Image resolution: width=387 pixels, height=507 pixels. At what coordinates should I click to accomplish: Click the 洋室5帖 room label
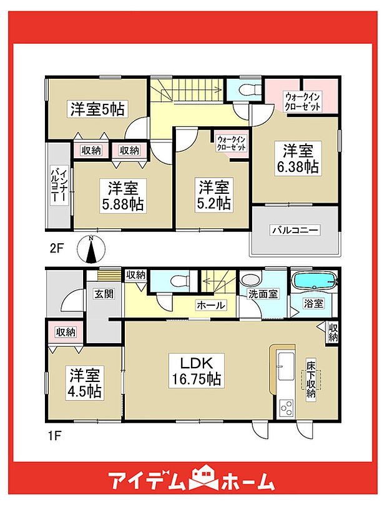[97, 109]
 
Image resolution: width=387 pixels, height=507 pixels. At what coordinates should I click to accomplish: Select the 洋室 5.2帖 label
[215, 195]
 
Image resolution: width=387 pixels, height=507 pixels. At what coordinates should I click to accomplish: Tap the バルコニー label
[294, 231]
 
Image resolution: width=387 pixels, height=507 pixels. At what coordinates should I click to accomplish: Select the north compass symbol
[91, 250]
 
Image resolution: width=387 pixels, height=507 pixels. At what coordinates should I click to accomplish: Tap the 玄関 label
[104, 294]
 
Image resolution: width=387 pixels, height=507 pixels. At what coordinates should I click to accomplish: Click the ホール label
[211, 305]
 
